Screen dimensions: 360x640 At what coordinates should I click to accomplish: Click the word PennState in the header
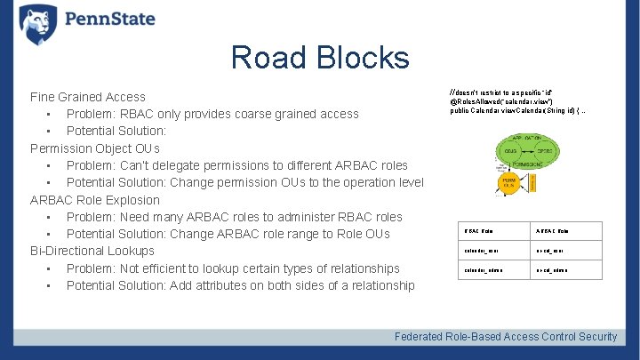109,20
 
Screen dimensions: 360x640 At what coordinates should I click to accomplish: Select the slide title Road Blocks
320,58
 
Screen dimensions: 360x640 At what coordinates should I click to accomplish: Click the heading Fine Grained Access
88,97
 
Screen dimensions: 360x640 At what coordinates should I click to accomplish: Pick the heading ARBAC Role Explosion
95,200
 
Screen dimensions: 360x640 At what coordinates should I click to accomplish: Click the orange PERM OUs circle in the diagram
509,184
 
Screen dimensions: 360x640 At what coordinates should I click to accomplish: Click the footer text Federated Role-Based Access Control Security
506,336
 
